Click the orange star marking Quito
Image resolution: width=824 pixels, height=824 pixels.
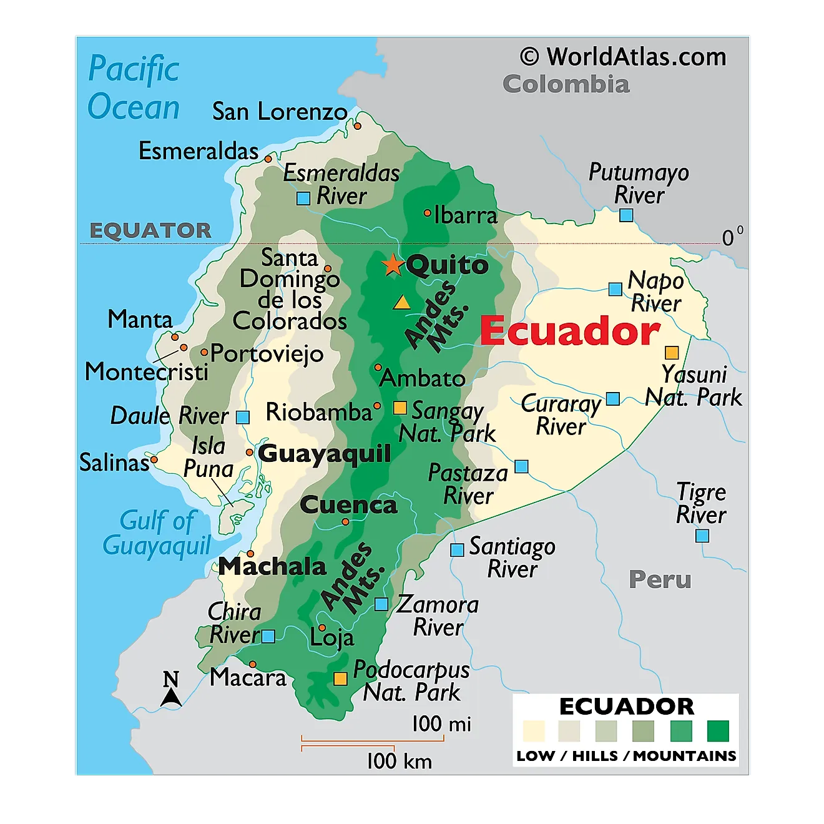pos(393,265)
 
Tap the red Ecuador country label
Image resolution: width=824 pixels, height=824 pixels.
pos(569,331)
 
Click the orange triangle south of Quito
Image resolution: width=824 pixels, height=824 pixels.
pos(401,303)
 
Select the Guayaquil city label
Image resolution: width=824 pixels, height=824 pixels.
pos(325,454)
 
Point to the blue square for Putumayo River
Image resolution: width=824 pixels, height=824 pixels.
pos(626,215)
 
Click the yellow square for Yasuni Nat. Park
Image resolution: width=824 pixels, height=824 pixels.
pos(672,353)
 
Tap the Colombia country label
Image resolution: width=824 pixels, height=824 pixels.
pos(566,84)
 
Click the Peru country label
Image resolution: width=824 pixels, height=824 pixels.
pos(660,580)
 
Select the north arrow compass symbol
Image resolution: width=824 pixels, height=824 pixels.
pos(171,690)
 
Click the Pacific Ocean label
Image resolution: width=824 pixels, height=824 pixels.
pos(134,87)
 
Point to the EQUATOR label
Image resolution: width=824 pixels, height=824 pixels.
pos(150,230)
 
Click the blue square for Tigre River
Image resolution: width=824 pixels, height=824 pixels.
pos(702,536)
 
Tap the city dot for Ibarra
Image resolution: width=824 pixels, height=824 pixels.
pos(428,213)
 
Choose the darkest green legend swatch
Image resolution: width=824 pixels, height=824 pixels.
pos(718,731)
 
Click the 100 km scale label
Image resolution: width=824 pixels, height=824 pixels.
pos(399,761)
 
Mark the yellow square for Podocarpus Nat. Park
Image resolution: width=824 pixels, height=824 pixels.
pos(340,679)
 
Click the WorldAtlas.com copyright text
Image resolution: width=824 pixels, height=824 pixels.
pos(623,57)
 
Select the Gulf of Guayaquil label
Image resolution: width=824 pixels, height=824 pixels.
pos(157,532)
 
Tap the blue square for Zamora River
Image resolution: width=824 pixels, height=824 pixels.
pos(381,604)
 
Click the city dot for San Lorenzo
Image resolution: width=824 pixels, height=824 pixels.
pos(358,126)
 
